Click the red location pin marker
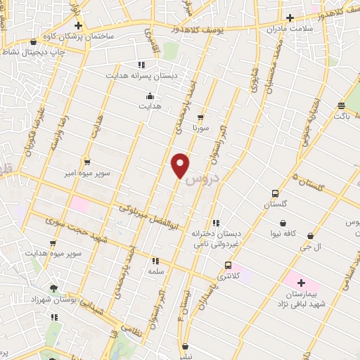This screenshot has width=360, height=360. [x=181, y=165]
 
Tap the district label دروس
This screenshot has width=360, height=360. [x=206, y=178]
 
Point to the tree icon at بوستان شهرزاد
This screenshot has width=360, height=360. [x=54, y=288]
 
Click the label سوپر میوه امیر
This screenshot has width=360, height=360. [x=85, y=172]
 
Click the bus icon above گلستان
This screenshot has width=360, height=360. [x=275, y=193]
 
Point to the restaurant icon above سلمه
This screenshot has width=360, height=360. [x=155, y=260]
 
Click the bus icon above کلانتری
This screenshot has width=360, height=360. [x=228, y=265]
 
